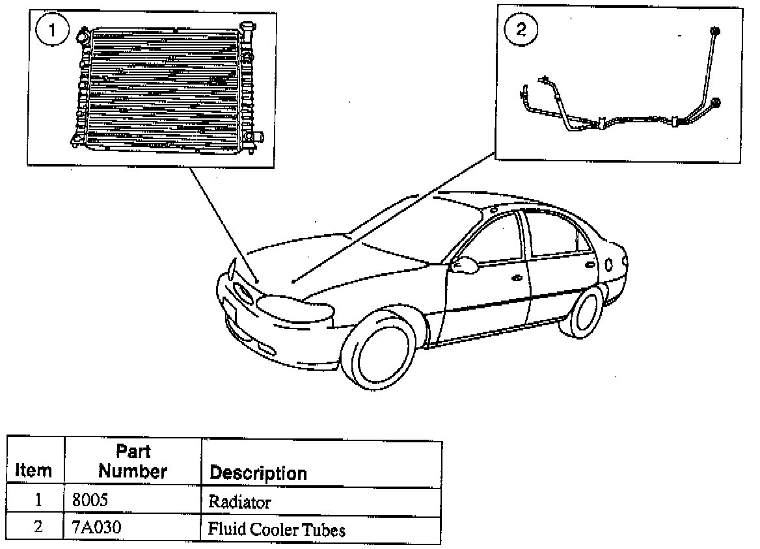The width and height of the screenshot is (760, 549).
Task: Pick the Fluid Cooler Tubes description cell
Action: [x=276, y=529]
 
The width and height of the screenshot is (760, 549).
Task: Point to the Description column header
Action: [x=258, y=473]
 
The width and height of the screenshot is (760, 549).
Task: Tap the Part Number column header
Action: [x=133, y=461]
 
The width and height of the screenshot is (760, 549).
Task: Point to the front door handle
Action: [x=517, y=278]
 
